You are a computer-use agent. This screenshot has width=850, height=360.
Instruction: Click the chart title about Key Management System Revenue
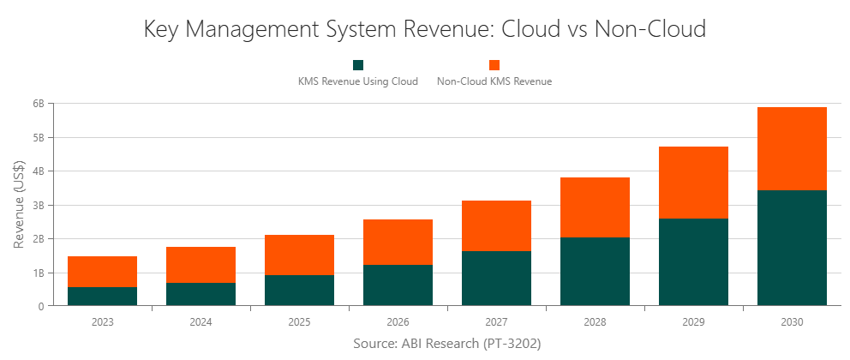click(425, 29)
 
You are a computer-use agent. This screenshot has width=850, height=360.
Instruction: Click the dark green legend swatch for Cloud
click(358, 65)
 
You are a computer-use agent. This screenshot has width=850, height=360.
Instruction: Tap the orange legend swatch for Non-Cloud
click(494, 65)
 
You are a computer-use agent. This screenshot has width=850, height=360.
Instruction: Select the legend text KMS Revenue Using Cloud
click(358, 82)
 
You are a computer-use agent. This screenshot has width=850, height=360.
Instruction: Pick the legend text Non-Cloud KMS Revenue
click(494, 82)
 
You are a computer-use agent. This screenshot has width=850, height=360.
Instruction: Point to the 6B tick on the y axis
click(38, 104)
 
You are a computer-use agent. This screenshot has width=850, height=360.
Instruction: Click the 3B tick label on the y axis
click(38, 205)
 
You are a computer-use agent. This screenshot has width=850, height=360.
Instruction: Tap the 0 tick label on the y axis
click(40, 306)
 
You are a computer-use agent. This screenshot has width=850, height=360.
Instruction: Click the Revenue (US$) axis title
click(19, 205)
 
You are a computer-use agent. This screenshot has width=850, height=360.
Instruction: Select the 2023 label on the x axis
click(102, 322)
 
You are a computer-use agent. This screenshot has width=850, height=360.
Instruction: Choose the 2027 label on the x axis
click(496, 322)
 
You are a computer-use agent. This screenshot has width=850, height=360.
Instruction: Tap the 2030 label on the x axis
click(792, 322)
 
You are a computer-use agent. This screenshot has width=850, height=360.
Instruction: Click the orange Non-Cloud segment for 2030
click(792, 148)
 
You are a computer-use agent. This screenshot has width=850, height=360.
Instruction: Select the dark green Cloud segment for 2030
click(792, 248)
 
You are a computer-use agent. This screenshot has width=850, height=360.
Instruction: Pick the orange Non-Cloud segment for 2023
click(102, 272)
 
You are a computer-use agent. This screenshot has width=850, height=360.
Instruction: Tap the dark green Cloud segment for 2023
click(102, 297)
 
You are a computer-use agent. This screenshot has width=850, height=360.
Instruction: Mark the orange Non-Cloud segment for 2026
click(398, 242)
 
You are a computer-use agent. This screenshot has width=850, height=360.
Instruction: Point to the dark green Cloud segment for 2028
click(595, 272)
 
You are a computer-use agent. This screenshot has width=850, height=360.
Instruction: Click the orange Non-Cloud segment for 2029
click(693, 183)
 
